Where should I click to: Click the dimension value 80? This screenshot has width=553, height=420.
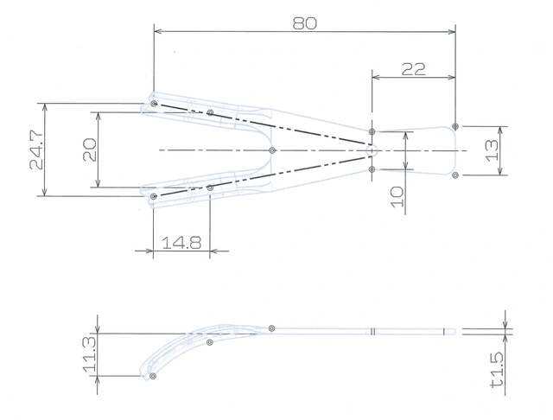(305, 23)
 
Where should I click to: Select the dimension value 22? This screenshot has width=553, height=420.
(414, 69)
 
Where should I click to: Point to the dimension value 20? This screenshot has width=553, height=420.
(90, 150)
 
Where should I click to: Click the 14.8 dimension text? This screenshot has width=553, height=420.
(181, 243)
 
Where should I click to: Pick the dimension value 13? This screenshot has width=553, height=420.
(493, 150)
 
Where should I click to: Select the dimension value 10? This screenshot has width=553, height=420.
(397, 197)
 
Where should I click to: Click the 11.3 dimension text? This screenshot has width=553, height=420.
(90, 354)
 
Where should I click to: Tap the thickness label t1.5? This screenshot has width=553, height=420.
(497, 370)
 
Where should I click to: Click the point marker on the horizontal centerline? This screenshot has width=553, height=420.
(272, 150)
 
